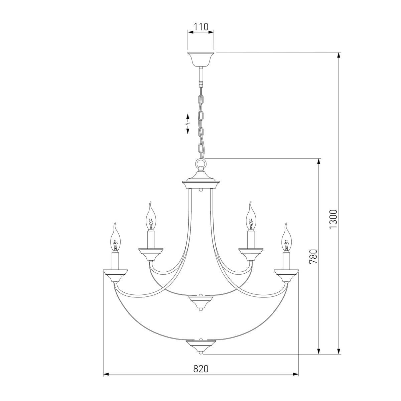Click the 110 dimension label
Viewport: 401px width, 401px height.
point(201,27)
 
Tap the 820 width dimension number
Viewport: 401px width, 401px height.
point(200,369)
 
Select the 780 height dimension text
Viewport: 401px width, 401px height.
point(313,256)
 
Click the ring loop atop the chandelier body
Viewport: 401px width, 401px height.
point(200,163)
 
